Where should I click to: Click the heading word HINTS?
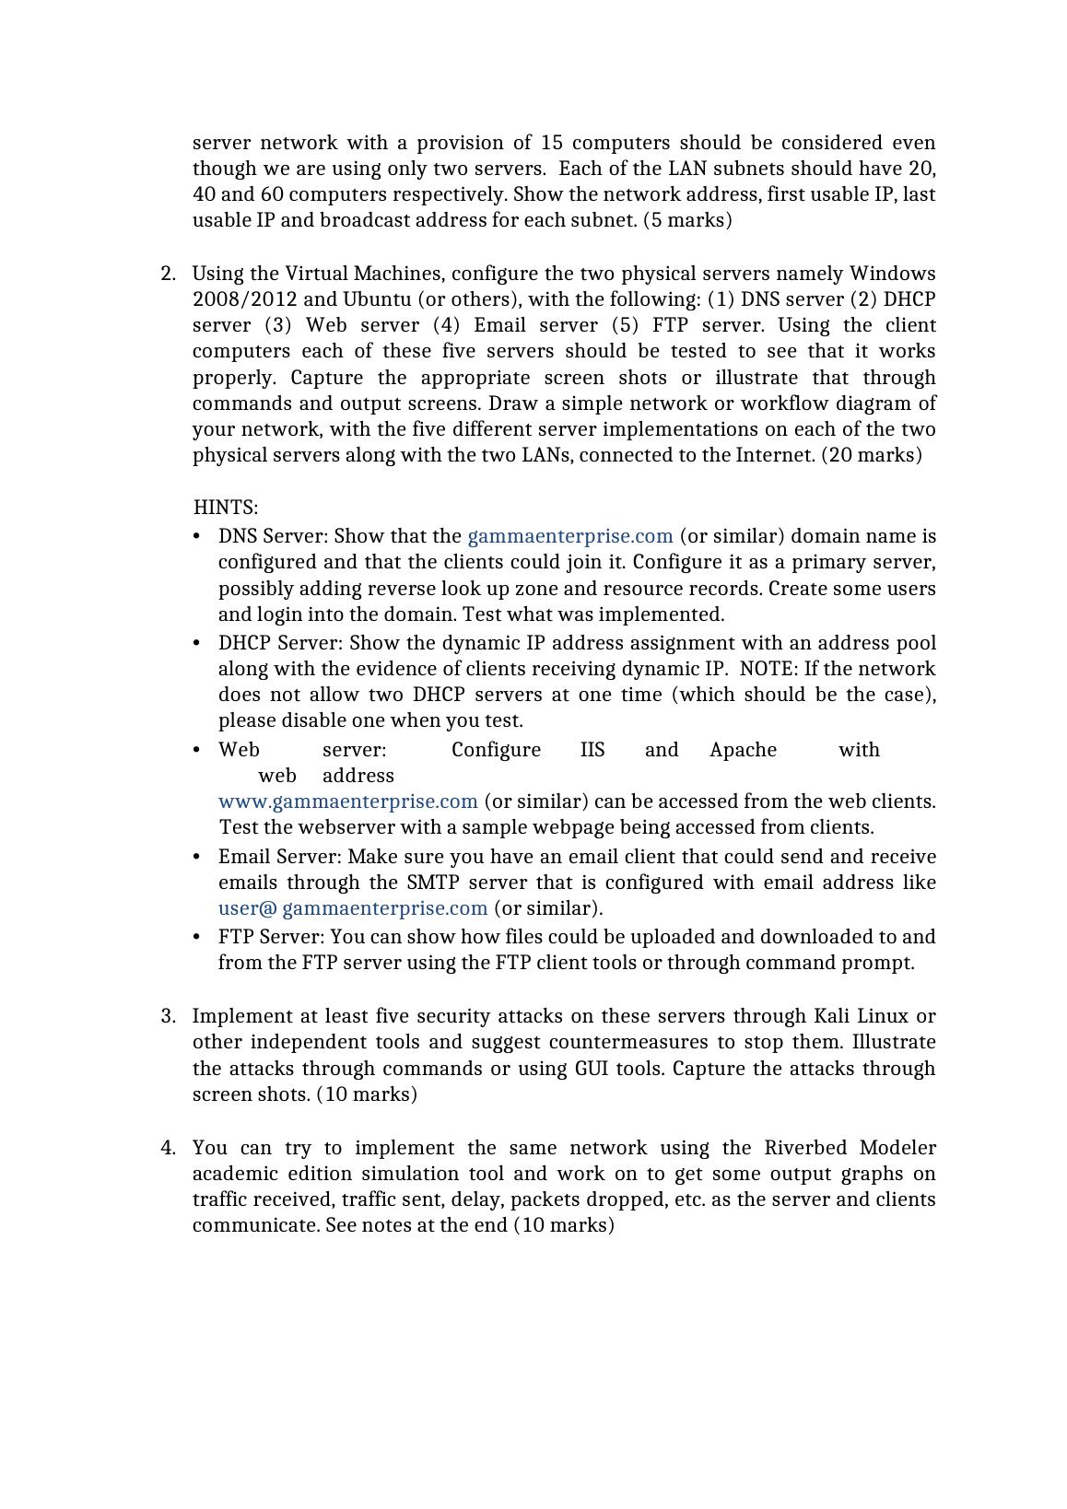(225, 508)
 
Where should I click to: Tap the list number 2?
(168, 274)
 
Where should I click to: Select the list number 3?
(168, 1016)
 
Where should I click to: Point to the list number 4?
(168, 1148)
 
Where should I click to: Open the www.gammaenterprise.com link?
(348, 801)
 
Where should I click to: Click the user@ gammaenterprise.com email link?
(353, 908)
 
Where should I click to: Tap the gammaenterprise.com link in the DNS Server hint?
(570, 536)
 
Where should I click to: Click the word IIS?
(592, 750)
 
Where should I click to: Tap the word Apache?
(743, 750)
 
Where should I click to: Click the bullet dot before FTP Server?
(197, 937)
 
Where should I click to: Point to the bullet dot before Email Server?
(197, 857)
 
